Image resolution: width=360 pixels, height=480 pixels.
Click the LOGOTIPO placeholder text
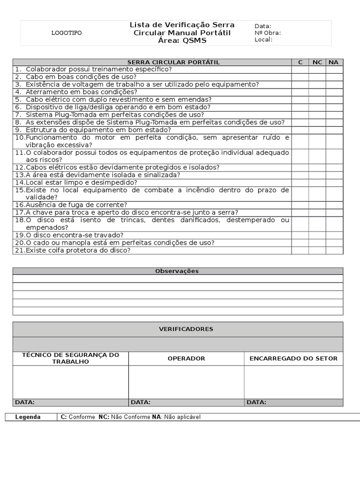tap(66, 33)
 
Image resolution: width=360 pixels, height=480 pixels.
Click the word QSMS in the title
tap(194, 41)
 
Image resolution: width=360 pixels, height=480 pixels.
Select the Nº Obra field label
tap(268, 33)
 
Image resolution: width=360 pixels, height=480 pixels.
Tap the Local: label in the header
tap(263, 40)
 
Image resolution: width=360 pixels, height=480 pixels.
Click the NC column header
tap(317, 62)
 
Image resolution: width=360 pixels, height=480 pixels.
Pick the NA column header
tap(334, 62)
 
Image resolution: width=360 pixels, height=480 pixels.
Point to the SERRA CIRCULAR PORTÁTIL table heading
tap(173, 62)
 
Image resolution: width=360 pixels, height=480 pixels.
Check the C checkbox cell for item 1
tap(300, 69)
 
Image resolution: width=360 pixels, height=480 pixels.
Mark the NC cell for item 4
tap(317, 92)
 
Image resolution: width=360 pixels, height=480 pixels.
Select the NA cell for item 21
tap(334, 250)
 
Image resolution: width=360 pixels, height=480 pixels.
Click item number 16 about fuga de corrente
tap(20, 205)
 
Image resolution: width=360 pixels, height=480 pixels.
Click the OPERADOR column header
tap(186, 359)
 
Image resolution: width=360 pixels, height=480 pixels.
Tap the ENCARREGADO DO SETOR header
tap(293, 359)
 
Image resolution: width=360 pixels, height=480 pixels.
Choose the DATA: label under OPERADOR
tap(141, 402)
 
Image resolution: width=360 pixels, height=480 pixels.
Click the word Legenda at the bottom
tap(28, 417)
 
